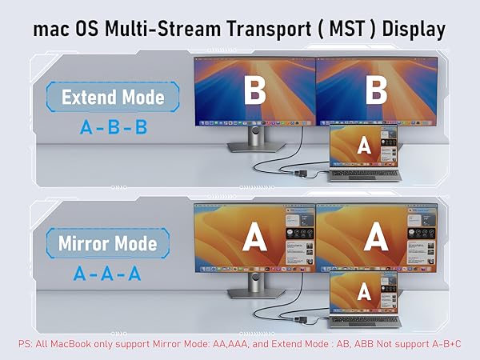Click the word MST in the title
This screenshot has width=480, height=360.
point(347,29)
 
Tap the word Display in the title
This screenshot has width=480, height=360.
point(414,30)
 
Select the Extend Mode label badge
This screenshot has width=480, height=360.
point(113,97)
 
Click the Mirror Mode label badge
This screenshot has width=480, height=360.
point(108,243)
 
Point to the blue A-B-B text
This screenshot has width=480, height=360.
point(114,127)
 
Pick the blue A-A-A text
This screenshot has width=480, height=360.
point(107,274)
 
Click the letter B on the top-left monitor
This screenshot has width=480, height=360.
point(254,90)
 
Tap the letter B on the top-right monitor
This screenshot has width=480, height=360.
point(376,90)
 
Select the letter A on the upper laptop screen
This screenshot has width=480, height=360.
point(364,146)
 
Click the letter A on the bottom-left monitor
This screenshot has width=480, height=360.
point(254,237)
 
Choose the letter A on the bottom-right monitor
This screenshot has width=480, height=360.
point(376,237)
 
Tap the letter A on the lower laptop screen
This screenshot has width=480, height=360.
point(364,292)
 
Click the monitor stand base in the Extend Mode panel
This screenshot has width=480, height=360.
point(257,147)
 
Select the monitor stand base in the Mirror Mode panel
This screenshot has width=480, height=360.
point(257,294)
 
